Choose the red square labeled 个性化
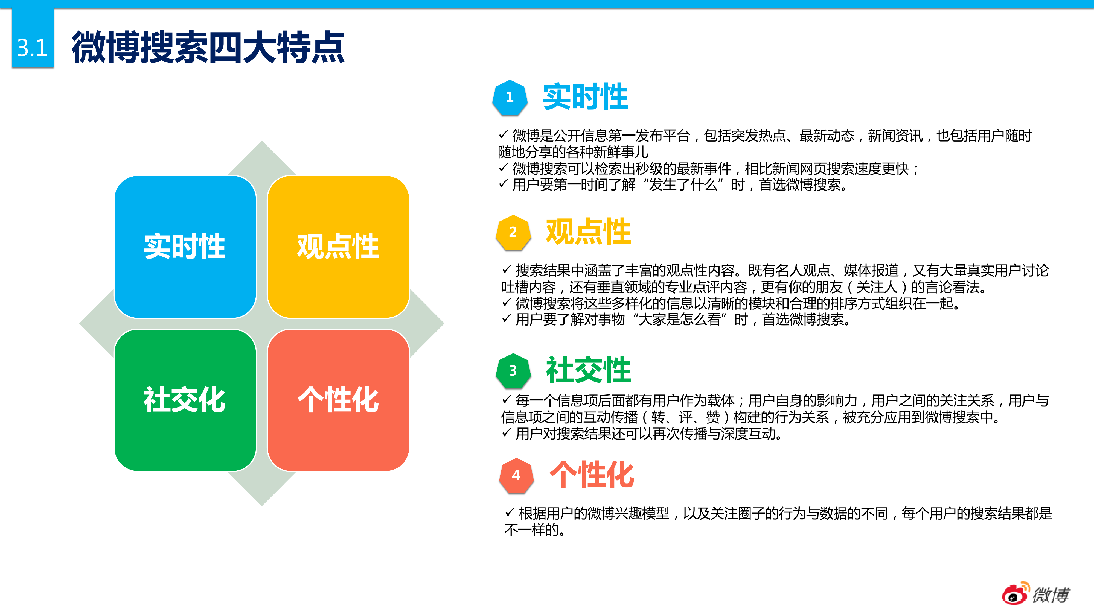click(x=338, y=400)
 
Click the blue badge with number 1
click(x=510, y=98)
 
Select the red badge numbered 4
click(x=516, y=475)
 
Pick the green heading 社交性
click(x=588, y=370)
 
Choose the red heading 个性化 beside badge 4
click(x=592, y=475)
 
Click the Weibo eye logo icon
click(x=1016, y=593)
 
